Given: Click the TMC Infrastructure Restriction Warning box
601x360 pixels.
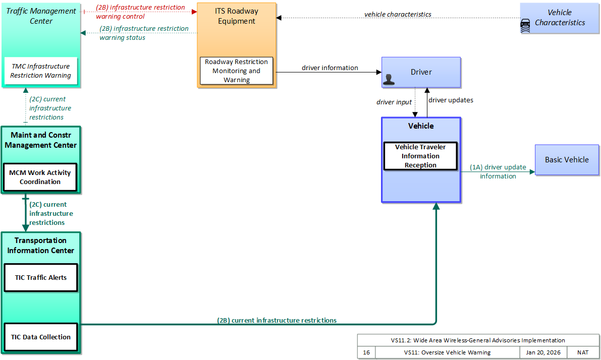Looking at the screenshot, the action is point(41,71).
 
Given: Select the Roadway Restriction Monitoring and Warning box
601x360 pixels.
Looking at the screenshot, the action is point(237,71).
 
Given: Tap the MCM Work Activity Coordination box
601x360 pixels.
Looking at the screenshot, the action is point(40,177).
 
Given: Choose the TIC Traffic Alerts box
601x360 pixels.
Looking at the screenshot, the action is point(41,278).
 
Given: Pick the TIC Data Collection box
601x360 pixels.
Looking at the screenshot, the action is point(41,337).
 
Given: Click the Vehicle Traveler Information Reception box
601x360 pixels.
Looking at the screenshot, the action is point(420,156).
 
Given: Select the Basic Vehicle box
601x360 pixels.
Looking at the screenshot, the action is point(567,160).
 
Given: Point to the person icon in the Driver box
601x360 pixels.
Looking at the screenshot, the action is point(389,79).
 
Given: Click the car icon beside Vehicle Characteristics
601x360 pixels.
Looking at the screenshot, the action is point(525,26).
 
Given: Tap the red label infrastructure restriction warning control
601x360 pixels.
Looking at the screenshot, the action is point(140,12).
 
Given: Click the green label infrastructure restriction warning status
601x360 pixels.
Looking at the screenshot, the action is point(144,33).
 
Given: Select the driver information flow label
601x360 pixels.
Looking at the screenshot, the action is point(330,68).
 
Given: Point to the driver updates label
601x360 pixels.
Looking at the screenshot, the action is point(451,100).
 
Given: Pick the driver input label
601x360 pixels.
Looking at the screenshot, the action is point(394,102).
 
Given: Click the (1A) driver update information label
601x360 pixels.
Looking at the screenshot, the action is point(498,171).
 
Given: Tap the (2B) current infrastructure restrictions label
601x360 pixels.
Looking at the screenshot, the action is point(277,320).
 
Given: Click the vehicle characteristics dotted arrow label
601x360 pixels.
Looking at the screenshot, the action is point(398,14).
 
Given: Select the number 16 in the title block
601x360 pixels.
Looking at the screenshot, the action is point(366,352).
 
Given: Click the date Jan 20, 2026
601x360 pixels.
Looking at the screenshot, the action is point(543,352).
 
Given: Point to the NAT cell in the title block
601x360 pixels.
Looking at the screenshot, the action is point(583,352).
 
